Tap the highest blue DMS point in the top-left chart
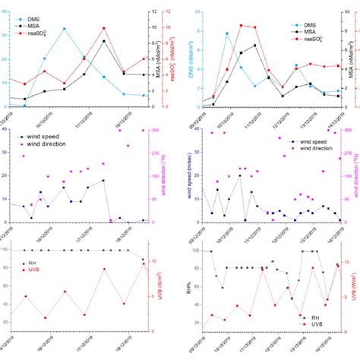click(65, 29)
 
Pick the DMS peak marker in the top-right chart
click(226, 33)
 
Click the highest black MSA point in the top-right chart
click(254, 45)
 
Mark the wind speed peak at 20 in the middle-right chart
click(240, 175)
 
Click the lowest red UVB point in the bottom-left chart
click(45, 318)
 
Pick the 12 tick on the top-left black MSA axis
click(153, 11)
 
